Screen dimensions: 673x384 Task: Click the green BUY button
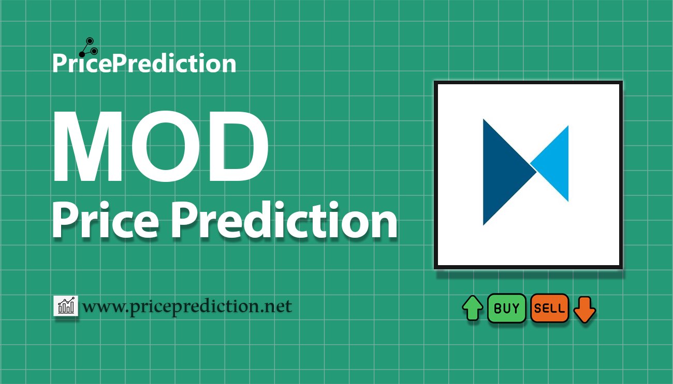(506, 308)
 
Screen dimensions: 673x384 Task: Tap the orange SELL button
(550, 308)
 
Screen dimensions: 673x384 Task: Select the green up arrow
(473, 308)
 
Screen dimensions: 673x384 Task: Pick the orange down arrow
(584, 310)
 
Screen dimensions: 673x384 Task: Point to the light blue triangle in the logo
(553, 163)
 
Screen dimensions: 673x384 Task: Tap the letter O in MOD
(166, 146)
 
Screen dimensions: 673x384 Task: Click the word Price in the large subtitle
(106, 221)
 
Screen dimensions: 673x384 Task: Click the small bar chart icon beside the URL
(66, 305)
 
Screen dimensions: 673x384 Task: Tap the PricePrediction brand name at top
(144, 63)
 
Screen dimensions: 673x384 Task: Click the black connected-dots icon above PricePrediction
(89, 47)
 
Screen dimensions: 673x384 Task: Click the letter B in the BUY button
(498, 308)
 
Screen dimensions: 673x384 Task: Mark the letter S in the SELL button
(538, 308)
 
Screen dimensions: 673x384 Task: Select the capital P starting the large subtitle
(66, 221)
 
